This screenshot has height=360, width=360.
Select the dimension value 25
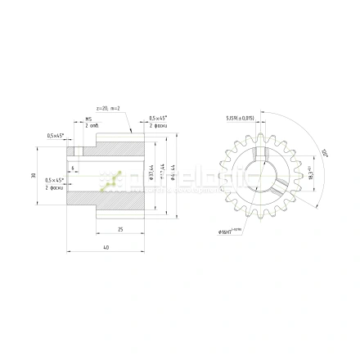coord(121,230)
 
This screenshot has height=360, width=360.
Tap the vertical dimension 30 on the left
coord(34,176)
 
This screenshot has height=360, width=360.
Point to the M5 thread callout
coord(88,118)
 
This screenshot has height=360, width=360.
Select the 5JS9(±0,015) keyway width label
coord(241,118)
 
